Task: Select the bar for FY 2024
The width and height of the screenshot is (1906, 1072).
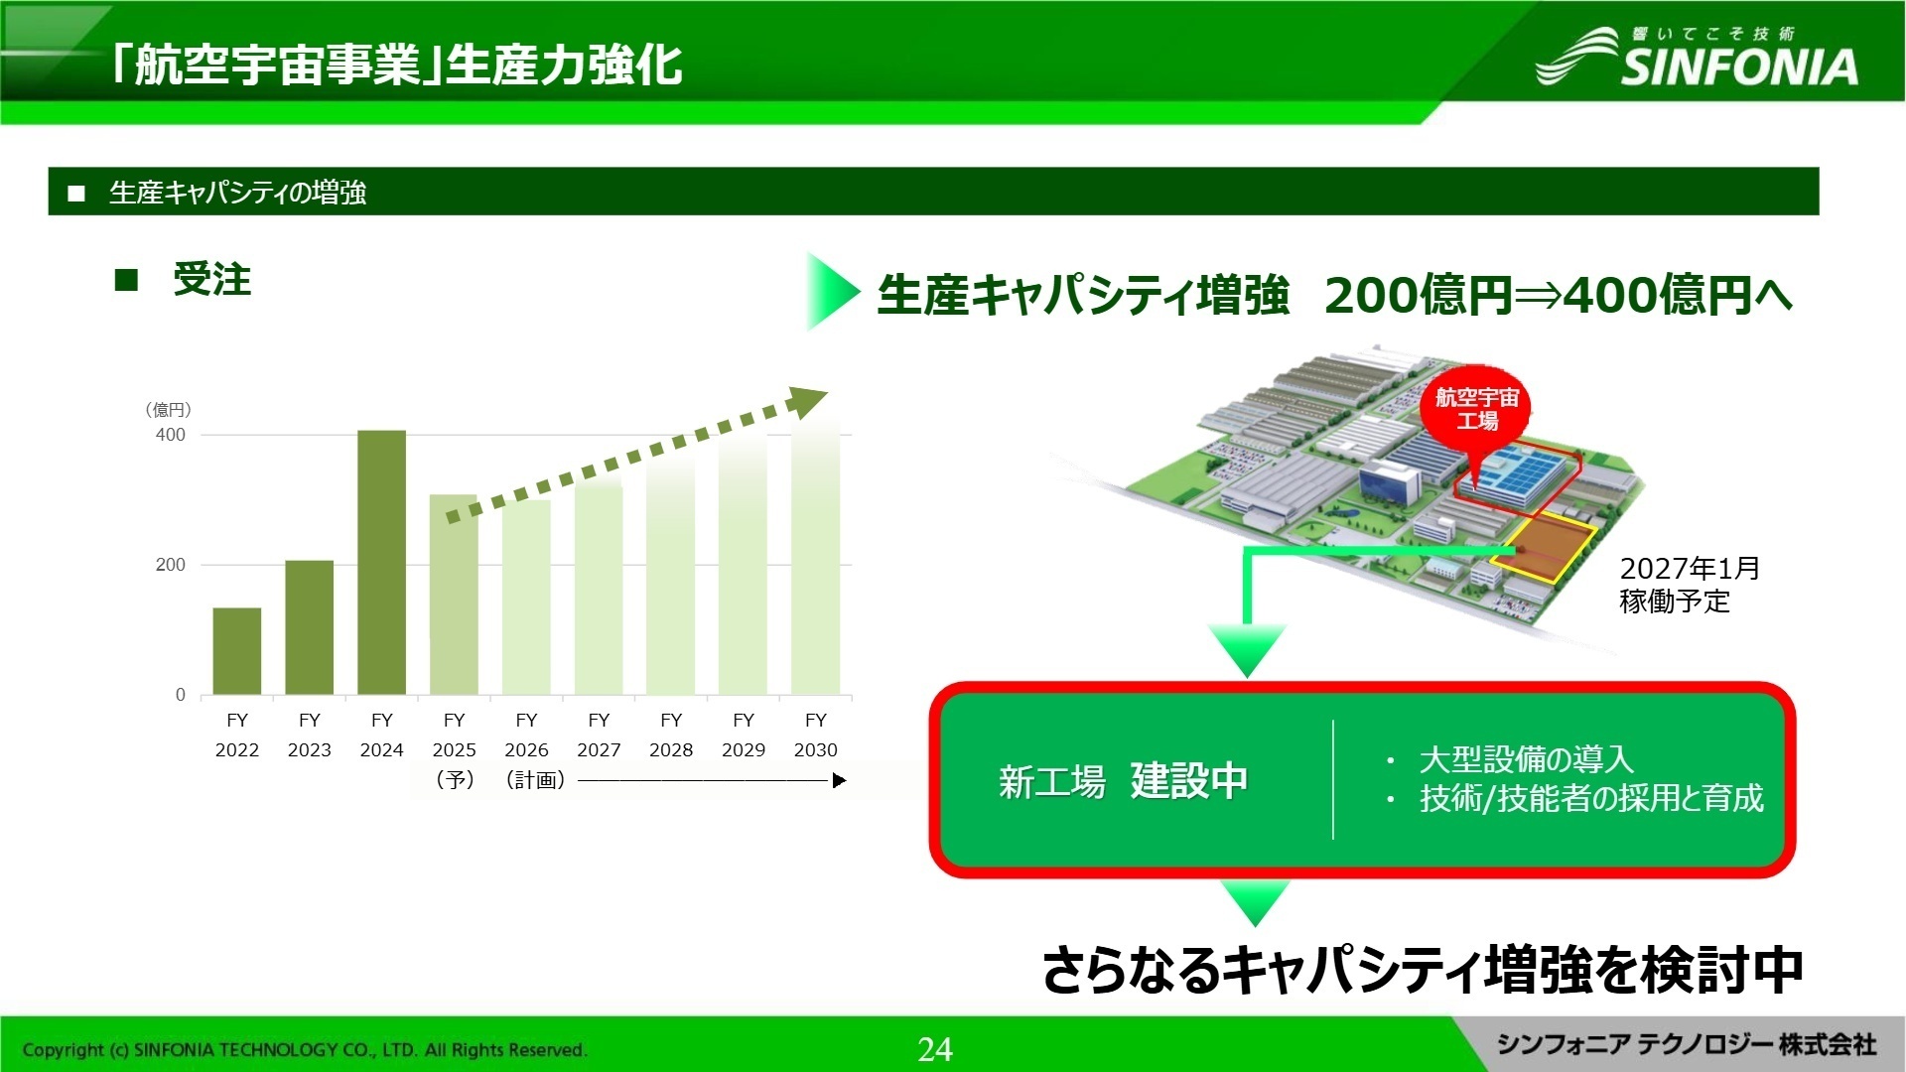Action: point(381,563)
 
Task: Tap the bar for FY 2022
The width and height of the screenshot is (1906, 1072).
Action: point(237,651)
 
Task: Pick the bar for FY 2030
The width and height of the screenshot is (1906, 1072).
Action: point(815,556)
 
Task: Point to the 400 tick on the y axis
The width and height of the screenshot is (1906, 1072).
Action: point(170,435)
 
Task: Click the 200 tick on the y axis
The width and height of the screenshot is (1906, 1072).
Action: point(170,565)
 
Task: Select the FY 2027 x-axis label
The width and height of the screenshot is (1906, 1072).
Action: point(599,735)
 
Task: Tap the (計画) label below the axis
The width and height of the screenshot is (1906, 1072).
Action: point(535,780)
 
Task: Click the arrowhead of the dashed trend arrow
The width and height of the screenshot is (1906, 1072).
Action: point(808,401)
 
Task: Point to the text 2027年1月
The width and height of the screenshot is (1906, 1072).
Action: point(1689,569)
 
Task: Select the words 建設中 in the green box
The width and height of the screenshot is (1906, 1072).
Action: point(1188,781)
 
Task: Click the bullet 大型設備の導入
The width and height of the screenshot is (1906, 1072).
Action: point(1526,759)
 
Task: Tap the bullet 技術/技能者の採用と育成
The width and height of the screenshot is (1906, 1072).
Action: point(1590,798)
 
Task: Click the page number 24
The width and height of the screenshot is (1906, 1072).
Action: point(935,1049)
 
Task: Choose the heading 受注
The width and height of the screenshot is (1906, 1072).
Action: point(211,280)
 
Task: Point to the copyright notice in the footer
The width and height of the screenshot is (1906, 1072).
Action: point(304,1050)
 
